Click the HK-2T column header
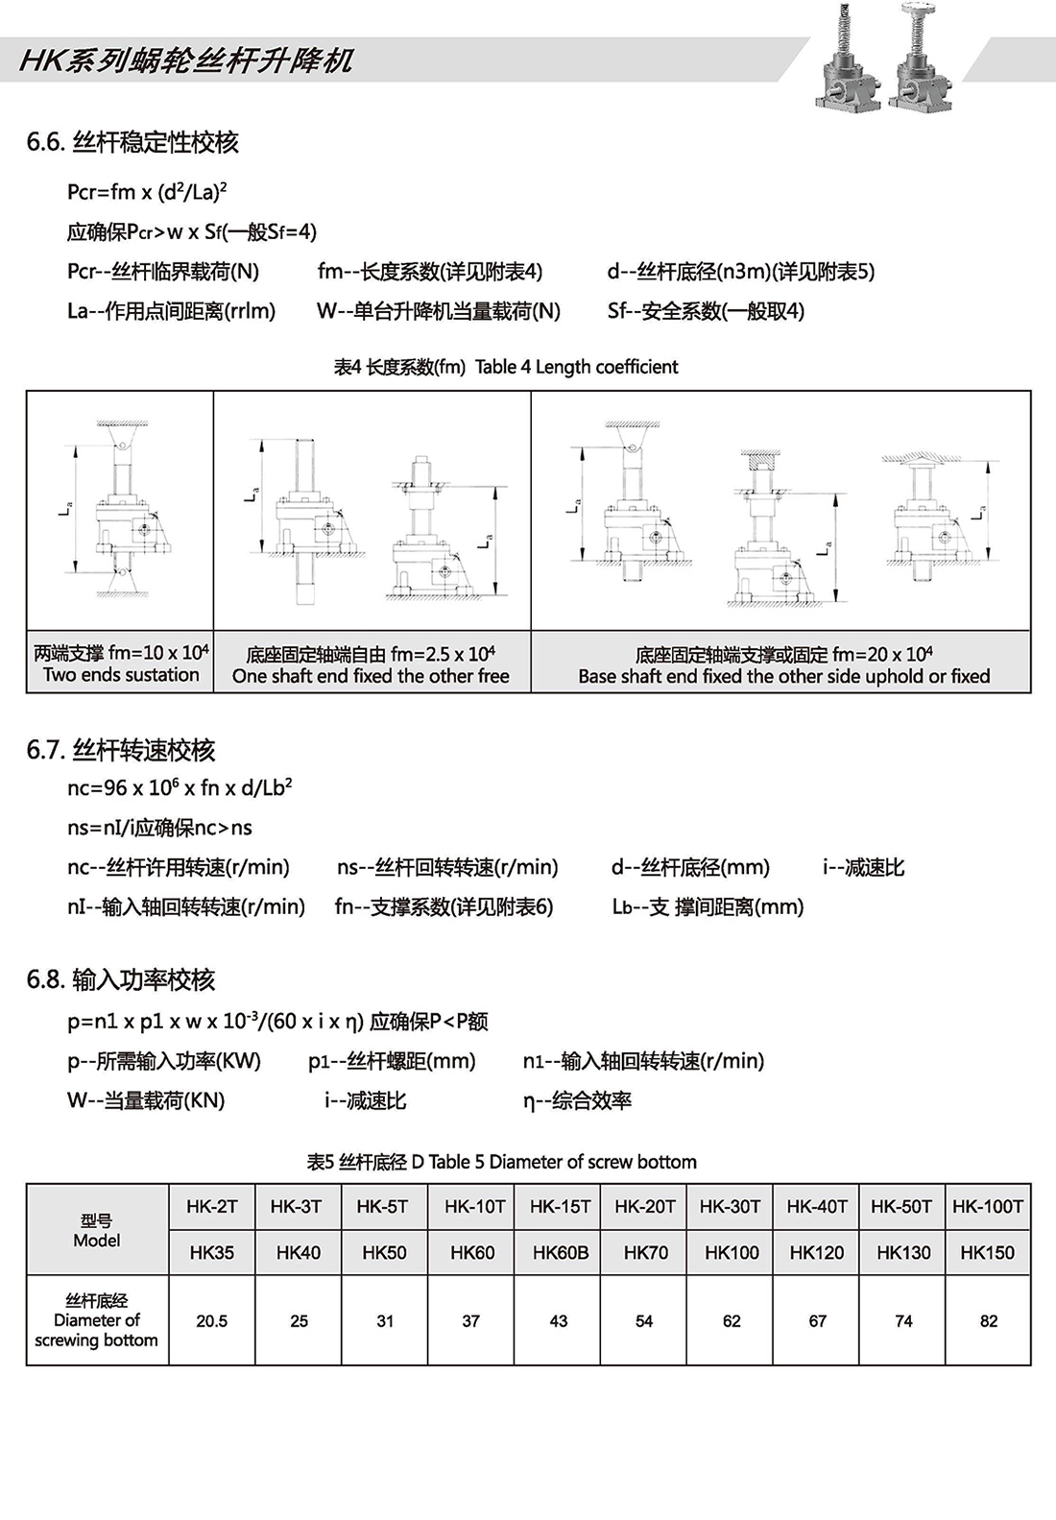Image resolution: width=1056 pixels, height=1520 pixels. tap(212, 1206)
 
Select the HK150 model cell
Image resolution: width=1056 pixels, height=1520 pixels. tap(987, 1252)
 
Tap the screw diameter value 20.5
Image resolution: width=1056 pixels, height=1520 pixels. tap(212, 1321)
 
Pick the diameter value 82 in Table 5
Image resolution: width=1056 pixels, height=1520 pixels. tap(989, 1321)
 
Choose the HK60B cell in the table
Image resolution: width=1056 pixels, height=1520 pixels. tap(561, 1252)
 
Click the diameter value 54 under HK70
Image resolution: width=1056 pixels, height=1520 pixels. tap(644, 1321)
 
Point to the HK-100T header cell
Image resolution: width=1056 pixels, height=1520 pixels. tap(988, 1206)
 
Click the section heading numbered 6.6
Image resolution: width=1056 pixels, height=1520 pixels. tap(132, 142)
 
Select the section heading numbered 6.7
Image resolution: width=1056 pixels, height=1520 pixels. tap(121, 750)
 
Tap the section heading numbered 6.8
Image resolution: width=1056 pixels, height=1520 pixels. tap(121, 979)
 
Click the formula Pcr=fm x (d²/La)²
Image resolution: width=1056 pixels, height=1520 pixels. tap(147, 191)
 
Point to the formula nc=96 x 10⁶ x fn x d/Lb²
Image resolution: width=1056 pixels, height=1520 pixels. tap(180, 787)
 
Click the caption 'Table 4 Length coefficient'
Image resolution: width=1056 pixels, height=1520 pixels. tap(576, 367)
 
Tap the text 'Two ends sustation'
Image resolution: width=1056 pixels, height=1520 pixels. tap(121, 675)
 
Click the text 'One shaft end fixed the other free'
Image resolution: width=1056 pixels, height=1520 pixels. tap(371, 676)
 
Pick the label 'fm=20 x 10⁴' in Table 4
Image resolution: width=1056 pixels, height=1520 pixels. tap(882, 654)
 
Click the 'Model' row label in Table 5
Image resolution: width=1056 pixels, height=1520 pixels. tap(97, 1241)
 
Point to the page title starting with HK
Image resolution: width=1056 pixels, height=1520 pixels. tap(186, 61)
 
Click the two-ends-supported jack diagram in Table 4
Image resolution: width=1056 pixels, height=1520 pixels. tap(121, 509)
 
